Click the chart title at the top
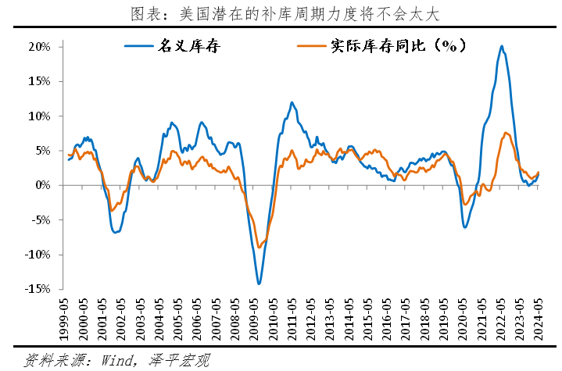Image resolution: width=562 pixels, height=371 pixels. pos(280,13)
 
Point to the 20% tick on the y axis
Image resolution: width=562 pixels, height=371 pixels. pos(40,47)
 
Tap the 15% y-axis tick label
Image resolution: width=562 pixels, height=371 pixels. pos(40,81)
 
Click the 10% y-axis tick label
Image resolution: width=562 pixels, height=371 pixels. pos(40,116)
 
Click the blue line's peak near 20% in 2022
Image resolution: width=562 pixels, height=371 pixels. pos(501,47)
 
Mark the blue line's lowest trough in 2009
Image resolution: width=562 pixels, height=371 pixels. pos(259,284)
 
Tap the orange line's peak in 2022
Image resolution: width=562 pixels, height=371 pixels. pos(506,133)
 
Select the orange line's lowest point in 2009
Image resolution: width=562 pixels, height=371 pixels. pos(260,248)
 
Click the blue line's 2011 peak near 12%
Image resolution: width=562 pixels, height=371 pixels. pos(292,102)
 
